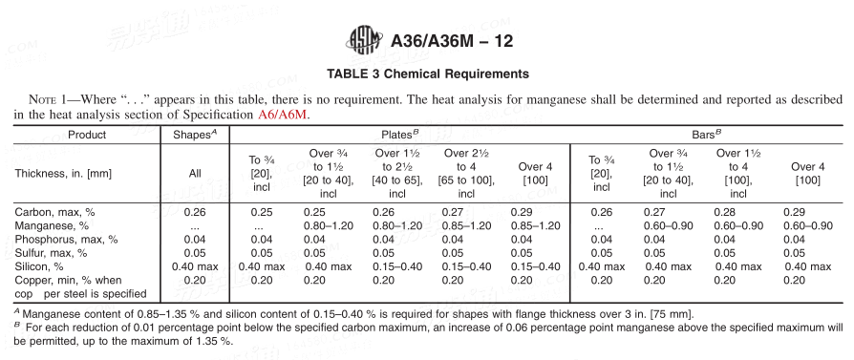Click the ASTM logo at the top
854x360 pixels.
364,41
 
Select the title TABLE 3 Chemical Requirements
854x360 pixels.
428,74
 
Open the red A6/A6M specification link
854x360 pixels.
284,115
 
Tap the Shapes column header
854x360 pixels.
195,135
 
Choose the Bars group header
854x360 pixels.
705,135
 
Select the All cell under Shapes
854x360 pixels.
194,173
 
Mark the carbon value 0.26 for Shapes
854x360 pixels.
195,211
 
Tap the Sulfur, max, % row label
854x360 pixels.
50,253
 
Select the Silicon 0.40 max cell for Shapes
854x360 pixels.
195,266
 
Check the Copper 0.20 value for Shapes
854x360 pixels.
195,280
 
